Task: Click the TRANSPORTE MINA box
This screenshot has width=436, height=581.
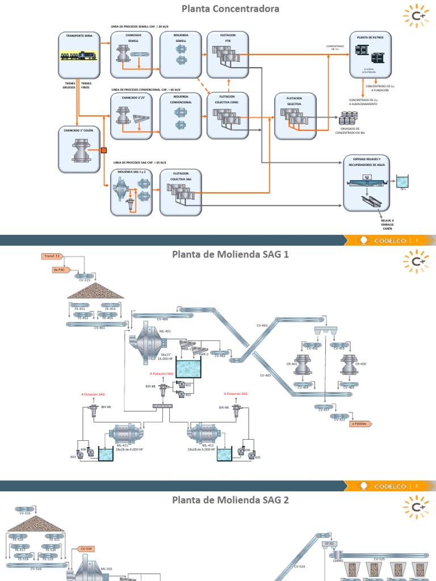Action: [79, 54]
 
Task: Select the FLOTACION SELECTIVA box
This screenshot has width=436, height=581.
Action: [295, 116]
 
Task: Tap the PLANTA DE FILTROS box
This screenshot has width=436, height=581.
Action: [370, 54]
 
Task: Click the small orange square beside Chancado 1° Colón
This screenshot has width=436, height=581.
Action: [104, 150]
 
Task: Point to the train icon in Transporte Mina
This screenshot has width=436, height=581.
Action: [79, 56]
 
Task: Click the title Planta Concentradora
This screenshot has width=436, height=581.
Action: [222, 9]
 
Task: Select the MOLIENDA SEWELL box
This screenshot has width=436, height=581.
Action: [181, 54]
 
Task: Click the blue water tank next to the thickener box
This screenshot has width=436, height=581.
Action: [403, 182]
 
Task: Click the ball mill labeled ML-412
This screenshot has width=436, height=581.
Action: [203, 434]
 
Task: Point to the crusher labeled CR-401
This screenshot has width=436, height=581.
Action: [303, 367]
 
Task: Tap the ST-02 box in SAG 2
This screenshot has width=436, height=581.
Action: [330, 544]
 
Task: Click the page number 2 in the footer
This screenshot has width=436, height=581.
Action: [417, 486]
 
